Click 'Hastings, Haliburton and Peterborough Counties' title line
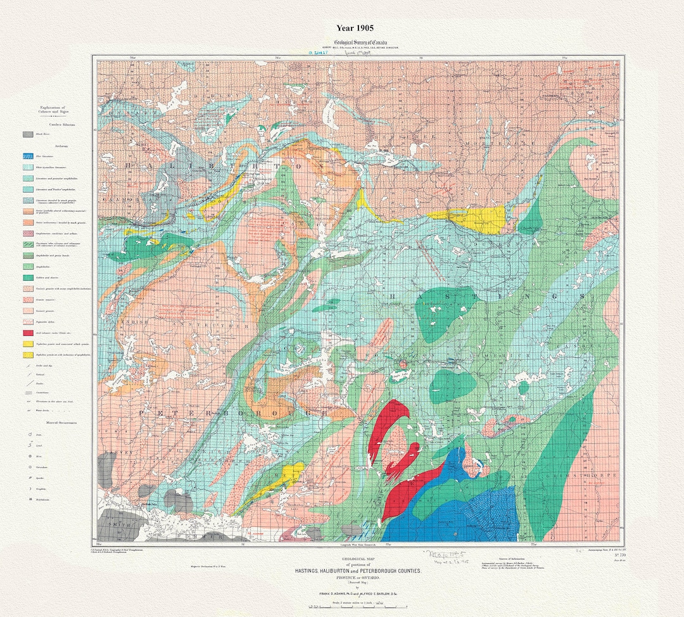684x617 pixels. [358, 571]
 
